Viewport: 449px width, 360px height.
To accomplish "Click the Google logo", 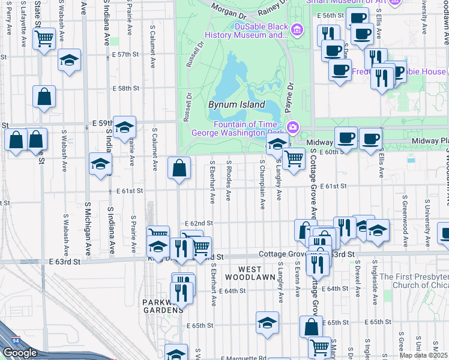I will [20, 353].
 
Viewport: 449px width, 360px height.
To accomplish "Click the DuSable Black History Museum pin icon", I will [296, 29].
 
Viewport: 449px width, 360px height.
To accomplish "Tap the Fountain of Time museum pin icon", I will [293, 126].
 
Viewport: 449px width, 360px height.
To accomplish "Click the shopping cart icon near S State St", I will [44, 39].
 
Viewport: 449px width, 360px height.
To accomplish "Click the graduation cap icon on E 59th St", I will [124, 127].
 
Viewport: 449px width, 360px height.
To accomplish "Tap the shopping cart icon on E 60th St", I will [293, 159].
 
